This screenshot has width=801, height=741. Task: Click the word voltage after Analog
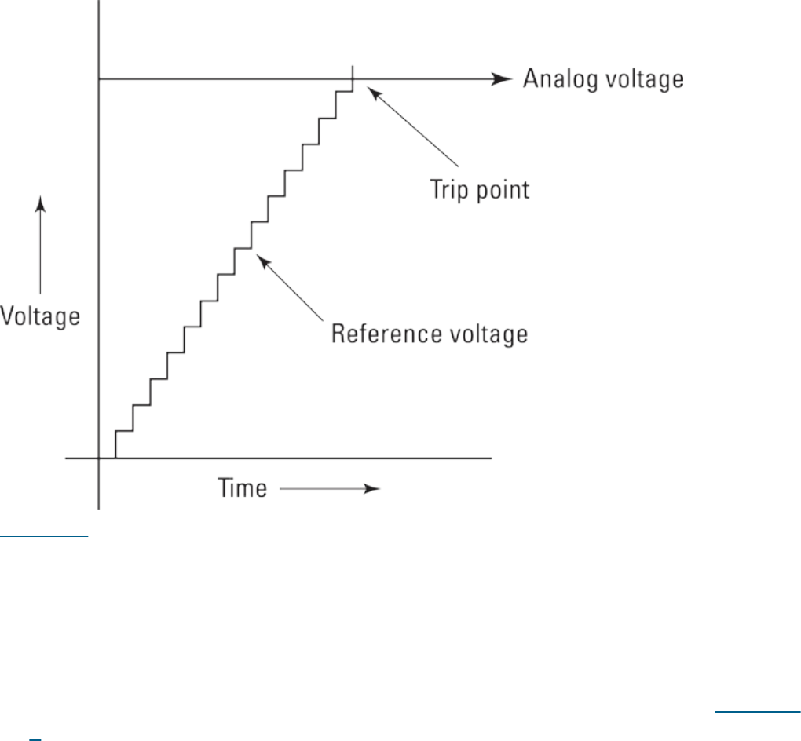pyautogui.click(x=641, y=80)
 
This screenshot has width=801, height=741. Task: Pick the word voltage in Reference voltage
pyautogui.click(x=487, y=334)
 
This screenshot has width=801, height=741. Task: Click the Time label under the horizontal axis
pyautogui.click(x=241, y=490)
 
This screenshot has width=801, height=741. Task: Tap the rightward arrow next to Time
pyautogui.click(x=330, y=489)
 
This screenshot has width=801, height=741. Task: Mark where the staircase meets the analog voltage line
pyautogui.click(x=353, y=79)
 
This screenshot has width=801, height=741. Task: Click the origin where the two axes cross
pyautogui.click(x=99, y=457)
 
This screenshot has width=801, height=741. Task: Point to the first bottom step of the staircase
pyautogui.click(x=124, y=431)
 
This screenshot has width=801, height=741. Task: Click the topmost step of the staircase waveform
pyautogui.click(x=344, y=92)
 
